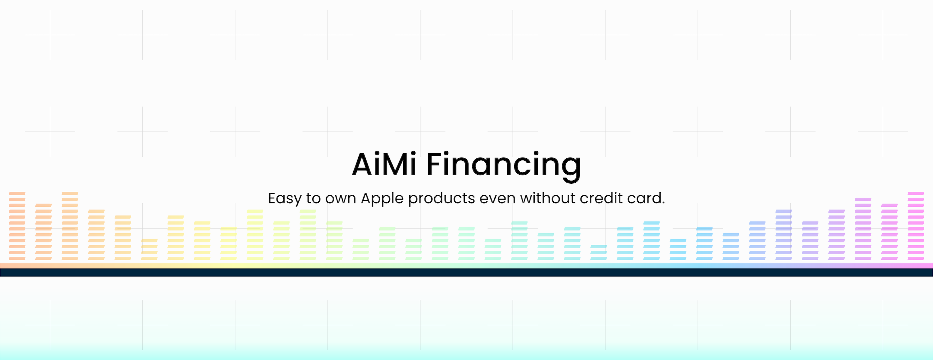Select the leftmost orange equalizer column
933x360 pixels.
point(17,226)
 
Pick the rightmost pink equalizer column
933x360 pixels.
point(916,226)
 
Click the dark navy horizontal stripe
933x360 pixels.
point(467,272)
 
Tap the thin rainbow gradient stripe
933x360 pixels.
point(467,266)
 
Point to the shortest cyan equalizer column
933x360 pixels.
point(599,252)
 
